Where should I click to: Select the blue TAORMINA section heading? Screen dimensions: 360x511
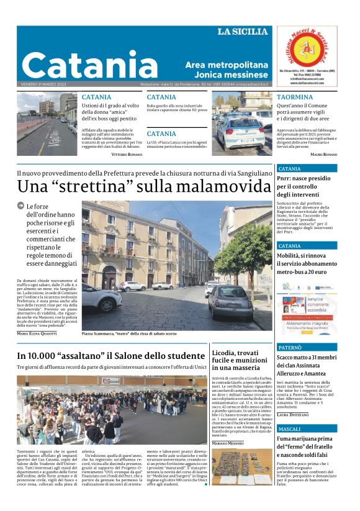click(x=295, y=97)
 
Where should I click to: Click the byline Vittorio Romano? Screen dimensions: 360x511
click(x=127, y=153)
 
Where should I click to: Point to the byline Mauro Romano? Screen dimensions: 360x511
click(x=323, y=154)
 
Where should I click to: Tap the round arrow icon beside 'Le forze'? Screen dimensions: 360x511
click(x=21, y=206)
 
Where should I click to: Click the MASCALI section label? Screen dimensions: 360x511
click(x=290, y=429)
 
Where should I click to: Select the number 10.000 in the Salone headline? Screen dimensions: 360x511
click(x=42, y=356)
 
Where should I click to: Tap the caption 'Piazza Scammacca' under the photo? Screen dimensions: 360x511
click(x=103, y=333)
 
